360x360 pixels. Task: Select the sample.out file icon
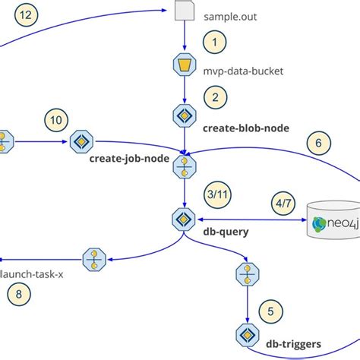point(183,11)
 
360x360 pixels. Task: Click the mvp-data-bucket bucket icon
point(183,65)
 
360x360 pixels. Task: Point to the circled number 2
point(215,98)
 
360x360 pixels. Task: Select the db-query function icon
point(183,219)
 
